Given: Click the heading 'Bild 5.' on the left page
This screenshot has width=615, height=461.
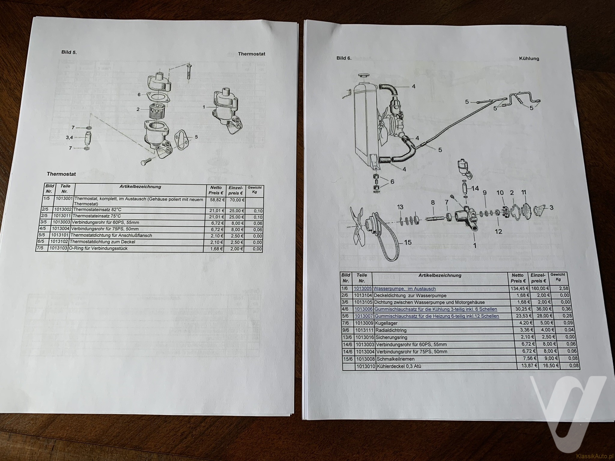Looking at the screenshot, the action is point(69,52).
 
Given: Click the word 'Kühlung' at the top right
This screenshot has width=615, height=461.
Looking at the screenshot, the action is point(529,59).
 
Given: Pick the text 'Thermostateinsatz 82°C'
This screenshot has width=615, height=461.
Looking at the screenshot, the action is point(97,209).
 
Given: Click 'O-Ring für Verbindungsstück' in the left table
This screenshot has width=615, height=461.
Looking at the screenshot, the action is point(98,248).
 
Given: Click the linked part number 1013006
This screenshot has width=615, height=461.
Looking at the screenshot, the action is point(364,309).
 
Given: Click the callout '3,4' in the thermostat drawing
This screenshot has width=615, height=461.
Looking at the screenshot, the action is point(69,138).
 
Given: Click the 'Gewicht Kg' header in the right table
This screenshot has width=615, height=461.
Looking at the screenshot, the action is point(558,277).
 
